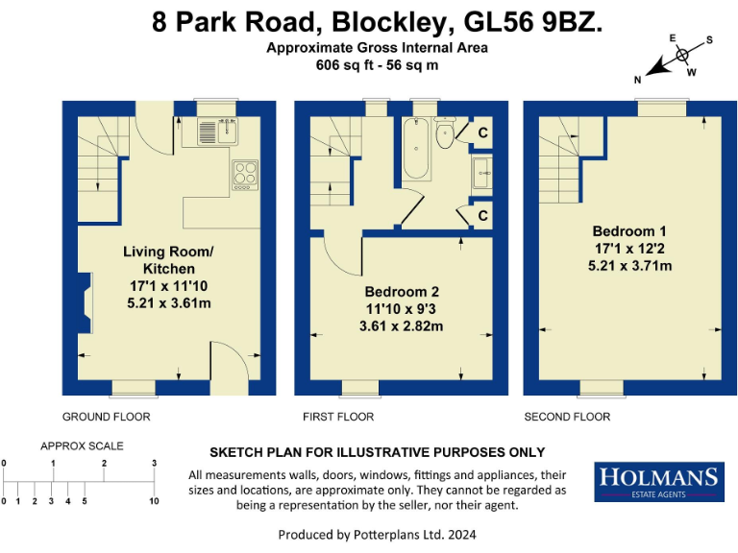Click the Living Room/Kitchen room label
(168, 260)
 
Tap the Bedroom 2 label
(401, 292)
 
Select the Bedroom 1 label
(629, 231)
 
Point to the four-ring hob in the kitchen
(245, 173)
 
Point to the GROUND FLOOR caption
(106, 417)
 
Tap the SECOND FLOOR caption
(567, 417)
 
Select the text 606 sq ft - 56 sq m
(377, 65)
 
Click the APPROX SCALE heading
(82, 446)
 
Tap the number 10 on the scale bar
(154, 501)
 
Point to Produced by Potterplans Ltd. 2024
(377, 534)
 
